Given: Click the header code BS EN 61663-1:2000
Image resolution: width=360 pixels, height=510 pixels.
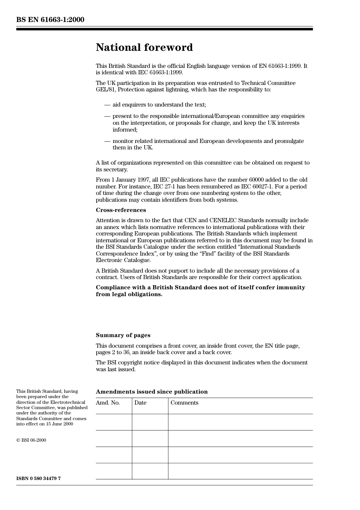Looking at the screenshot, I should click(x=50, y=20).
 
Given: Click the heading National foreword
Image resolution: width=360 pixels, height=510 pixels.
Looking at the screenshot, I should click(x=144, y=47).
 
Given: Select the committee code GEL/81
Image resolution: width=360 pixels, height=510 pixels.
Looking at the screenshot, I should click(x=104, y=90).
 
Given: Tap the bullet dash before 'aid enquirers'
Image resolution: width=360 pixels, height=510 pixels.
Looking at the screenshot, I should click(x=107, y=105).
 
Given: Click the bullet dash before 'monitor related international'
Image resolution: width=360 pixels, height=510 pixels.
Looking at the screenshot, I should click(x=107, y=141).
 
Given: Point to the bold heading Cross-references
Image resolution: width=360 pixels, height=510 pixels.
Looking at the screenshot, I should click(x=121, y=210).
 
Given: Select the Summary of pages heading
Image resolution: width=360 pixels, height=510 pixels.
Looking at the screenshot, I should click(x=123, y=335).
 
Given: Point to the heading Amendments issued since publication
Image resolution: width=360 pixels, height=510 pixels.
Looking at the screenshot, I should click(x=152, y=392).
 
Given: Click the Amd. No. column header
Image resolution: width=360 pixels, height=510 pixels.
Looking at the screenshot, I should click(x=108, y=403).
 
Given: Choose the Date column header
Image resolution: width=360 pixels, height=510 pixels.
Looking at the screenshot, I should click(x=140, y=403).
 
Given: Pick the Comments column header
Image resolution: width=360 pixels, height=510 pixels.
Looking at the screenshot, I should click(x=184, y=403).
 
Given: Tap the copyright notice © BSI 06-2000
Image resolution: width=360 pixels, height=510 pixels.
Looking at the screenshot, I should click(x=31, y=440).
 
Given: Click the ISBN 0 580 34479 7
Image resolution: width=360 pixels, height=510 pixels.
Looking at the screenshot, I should click(x=38, y=479).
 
